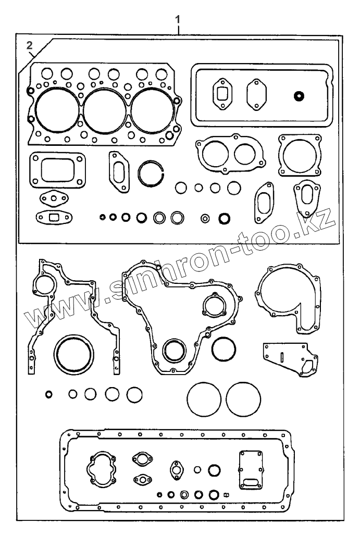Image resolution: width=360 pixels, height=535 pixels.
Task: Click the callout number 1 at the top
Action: tap(178, 19)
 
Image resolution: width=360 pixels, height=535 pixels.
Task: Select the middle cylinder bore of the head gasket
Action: tap(106, 109)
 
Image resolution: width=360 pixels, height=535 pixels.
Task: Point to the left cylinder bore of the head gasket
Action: tap(56, 109)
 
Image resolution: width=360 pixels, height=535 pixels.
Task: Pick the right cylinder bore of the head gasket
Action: tap(152, 109)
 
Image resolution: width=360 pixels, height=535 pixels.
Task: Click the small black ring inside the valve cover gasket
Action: tap(299, 96)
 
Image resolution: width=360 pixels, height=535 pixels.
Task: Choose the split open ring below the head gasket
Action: tap(152, 172)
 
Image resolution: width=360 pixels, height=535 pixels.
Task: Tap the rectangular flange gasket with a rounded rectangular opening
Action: tap(57, 169)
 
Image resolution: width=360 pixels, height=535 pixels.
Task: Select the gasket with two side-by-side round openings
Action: tap(229, 153)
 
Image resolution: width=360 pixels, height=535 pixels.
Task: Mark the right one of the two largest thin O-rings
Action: tap(244, 400)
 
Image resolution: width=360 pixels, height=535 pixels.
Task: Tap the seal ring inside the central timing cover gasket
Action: tap(173, 350)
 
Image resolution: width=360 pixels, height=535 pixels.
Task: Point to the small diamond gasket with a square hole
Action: tap(54, 216)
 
